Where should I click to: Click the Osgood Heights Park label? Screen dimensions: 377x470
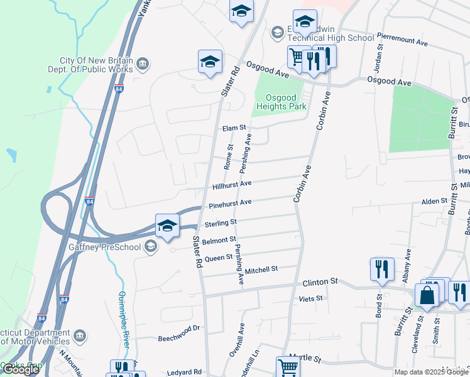tap(280, 102)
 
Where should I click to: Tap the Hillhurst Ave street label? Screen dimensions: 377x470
tap(232, 184)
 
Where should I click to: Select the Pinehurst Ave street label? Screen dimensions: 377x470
tap(230, 203)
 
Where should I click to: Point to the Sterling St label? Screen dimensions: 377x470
tap(220, 222)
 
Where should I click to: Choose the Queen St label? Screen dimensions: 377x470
tap(219, 258)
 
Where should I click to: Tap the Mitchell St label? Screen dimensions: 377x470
tap(261, 270)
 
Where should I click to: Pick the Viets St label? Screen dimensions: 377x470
tap(310, 298)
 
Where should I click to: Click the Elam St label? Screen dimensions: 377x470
tap(234, 128)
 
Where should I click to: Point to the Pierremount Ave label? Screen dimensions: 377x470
tap(402, 39)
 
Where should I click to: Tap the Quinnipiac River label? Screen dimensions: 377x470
tap(126, 320)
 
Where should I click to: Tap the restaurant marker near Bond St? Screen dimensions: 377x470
tap(382, 269)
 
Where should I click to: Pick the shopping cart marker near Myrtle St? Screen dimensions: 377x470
tap(287, 367)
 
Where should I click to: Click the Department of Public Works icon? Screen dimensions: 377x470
tap(143, 63)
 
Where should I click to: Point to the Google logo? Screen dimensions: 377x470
tap(20, 370)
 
